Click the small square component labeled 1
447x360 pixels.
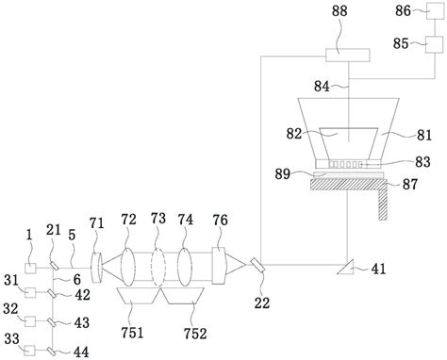32,269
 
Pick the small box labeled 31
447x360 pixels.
32,296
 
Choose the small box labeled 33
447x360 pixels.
32,351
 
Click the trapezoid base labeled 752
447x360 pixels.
185,298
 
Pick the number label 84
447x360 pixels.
322,87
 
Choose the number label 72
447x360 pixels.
127,220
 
